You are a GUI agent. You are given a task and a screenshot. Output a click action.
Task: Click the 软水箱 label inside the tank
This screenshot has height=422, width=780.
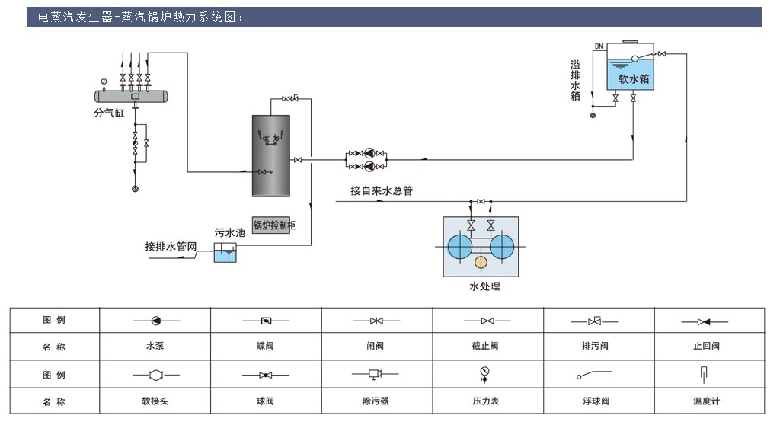click(633, 78)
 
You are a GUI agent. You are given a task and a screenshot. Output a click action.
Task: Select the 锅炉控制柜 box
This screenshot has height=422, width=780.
click(273, 225)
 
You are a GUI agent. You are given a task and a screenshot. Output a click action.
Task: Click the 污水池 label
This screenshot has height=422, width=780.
click(229, 232)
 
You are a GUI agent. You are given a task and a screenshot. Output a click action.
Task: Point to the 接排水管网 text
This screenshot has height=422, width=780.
click(171, 248)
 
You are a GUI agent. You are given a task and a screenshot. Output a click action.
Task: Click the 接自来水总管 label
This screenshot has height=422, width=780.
click(382, 191)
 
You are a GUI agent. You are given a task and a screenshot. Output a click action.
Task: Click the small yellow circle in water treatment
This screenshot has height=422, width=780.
click(481, 263)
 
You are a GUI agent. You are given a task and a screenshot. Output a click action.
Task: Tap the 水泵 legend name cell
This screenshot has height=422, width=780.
click(155, 346)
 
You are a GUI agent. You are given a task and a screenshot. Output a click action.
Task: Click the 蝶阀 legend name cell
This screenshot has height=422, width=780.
click(265, 346)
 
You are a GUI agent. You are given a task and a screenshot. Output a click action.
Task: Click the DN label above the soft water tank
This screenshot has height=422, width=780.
click(599, 46)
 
